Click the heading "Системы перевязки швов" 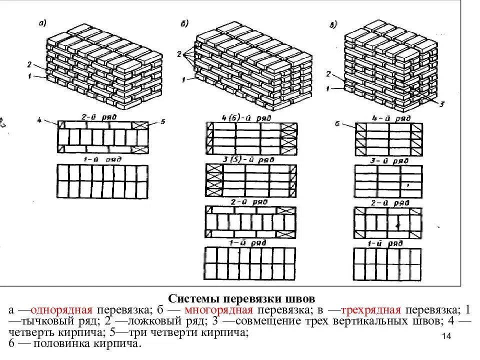tap(241, 298)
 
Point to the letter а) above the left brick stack tap(42, 22)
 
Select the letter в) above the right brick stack tap(333, 22)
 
